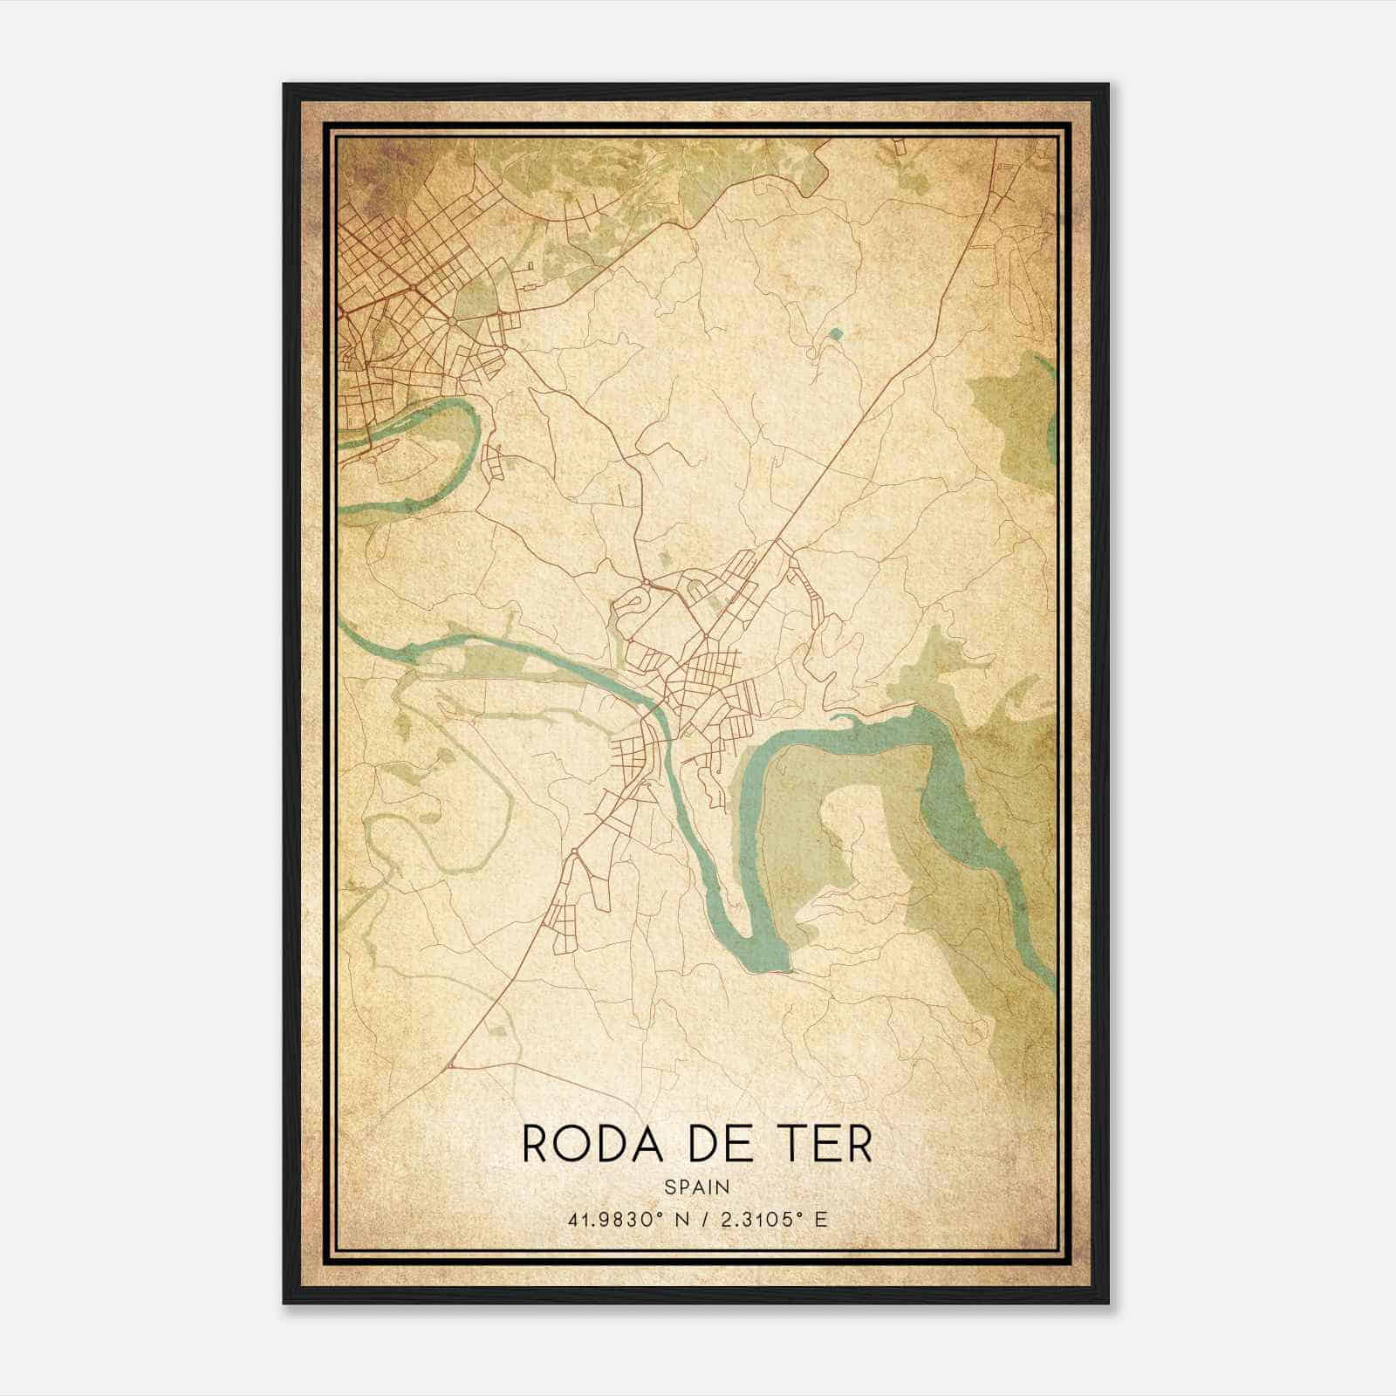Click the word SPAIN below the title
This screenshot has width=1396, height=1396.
point(696,1187)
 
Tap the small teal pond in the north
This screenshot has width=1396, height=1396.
point(837,332)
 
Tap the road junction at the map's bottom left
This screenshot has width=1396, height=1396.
point(451,1065)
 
